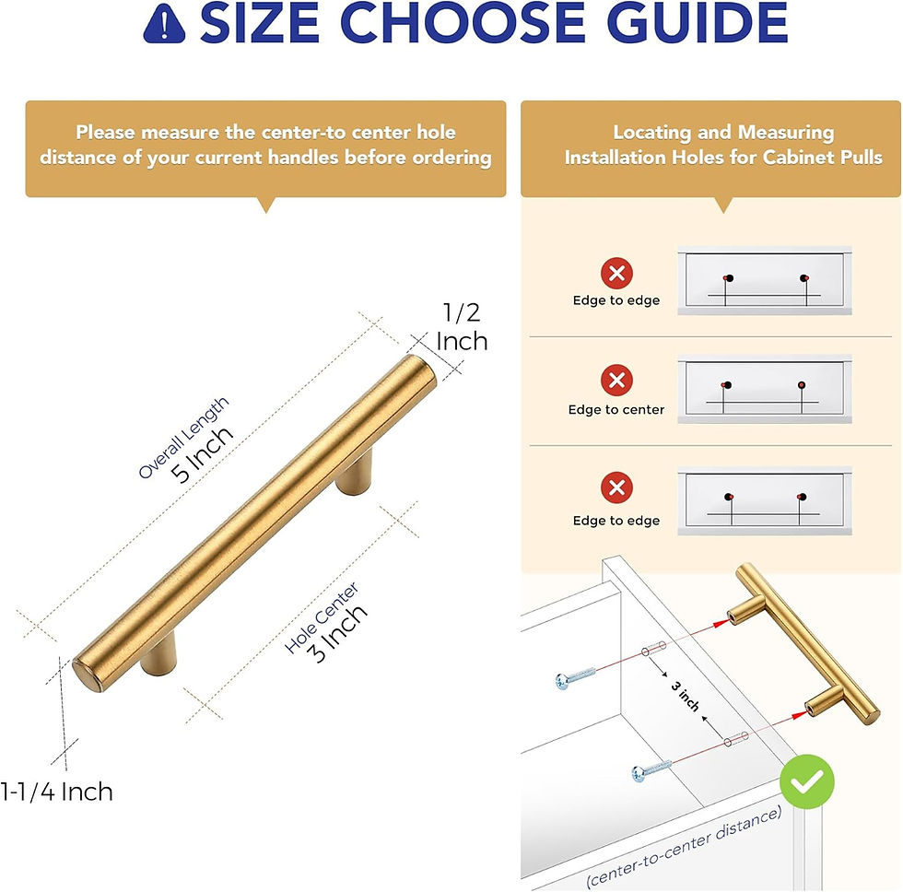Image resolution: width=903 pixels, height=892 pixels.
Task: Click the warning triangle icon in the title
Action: (167, 26)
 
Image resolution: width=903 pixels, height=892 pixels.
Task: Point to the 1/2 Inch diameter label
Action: (462, 327)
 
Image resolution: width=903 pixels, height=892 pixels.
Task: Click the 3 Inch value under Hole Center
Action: (337, 632)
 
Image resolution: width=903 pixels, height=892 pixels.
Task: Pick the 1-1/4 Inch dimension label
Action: (57, 791)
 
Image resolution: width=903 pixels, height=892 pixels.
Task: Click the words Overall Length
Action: (183, 437)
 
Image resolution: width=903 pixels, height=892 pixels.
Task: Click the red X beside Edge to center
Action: (616, 380)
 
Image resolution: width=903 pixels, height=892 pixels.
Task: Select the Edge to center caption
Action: (616, 409)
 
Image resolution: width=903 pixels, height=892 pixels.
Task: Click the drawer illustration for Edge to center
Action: (764, 390)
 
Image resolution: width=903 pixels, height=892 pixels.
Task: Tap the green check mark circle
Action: (806, 782)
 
